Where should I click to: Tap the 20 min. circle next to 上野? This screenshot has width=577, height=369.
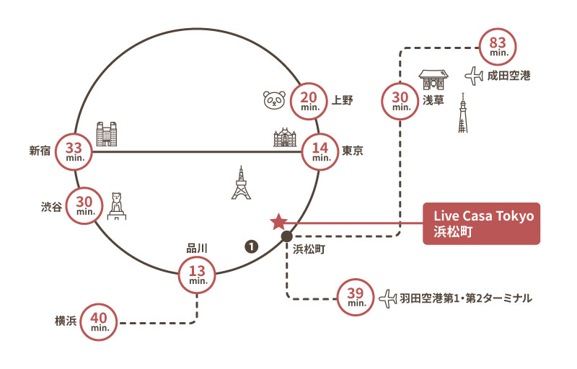click(309, 103)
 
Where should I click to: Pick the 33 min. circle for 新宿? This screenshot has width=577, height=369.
click(74, 151)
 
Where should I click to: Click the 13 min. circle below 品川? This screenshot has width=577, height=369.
click(197, 274)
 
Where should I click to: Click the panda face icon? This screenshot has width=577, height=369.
click(274, 102)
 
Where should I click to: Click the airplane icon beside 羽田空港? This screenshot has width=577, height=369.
click(388, 296)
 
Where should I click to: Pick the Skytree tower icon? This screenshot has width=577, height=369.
click(462, 114)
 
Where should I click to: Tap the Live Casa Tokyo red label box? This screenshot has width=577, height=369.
click(481, 223)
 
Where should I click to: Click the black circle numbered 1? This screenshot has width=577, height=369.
click(251, 247)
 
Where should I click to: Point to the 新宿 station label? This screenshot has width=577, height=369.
click(40, 151)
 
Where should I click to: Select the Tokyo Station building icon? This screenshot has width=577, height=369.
click(285, 137)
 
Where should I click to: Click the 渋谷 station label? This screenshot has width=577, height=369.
click(51, 205)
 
